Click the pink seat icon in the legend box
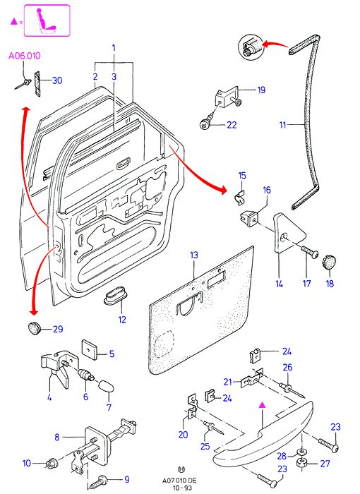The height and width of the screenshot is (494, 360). click(x=46, y=20)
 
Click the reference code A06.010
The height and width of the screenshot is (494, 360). click(x=24, y=56)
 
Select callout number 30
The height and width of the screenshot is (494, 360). click(x=57, y=80)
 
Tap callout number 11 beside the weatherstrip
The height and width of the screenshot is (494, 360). click(x=282, y=125)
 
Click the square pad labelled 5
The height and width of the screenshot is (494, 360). click(x=89, y=347)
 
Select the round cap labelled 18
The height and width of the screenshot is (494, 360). click(x=329, y=263)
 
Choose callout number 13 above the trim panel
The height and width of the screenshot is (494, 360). click(x=194, y=255)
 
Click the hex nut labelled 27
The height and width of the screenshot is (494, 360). click(x=302, y=463)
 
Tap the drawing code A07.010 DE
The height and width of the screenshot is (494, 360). click(x=179, y=481)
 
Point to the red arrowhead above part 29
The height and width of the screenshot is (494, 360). click(x=33, y=312)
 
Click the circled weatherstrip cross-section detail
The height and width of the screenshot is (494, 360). click(x=250, y=47)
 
